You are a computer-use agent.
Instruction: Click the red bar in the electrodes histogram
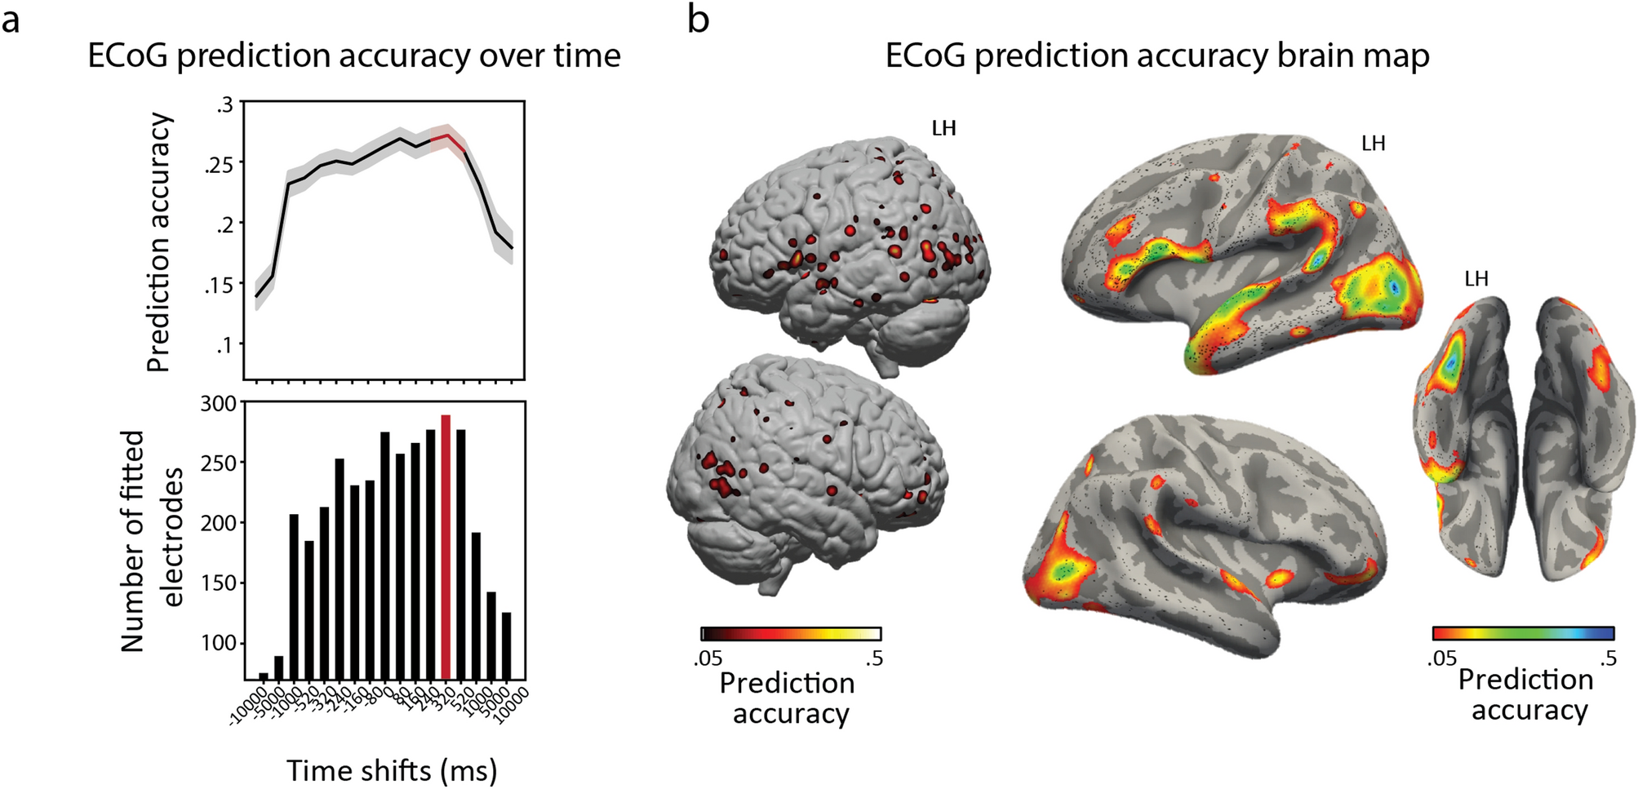[446, 547]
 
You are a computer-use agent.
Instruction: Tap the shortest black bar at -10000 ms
[263, 676]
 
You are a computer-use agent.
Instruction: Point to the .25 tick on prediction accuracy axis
[220, 165]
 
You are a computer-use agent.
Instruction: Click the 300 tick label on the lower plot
[219, 404]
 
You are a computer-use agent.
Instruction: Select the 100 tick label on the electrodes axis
[219, 644]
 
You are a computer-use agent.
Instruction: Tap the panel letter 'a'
[11, 20]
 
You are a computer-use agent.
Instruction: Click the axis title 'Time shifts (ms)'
[392, 770]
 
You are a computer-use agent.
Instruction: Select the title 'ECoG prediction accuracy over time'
[354, 56]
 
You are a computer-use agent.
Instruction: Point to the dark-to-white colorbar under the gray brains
[790, 634]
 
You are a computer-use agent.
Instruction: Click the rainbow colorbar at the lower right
[1523, 633]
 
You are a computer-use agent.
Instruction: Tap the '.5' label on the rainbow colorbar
[1607, 658]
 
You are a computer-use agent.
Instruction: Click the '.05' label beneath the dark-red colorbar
[708, 658]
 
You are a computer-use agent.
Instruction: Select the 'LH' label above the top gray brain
[943, 129]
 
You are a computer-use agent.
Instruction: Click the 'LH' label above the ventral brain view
[1476, 279]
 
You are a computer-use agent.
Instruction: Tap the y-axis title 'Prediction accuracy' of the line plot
[160, 242]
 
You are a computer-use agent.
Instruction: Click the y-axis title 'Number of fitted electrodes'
[151, 540]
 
